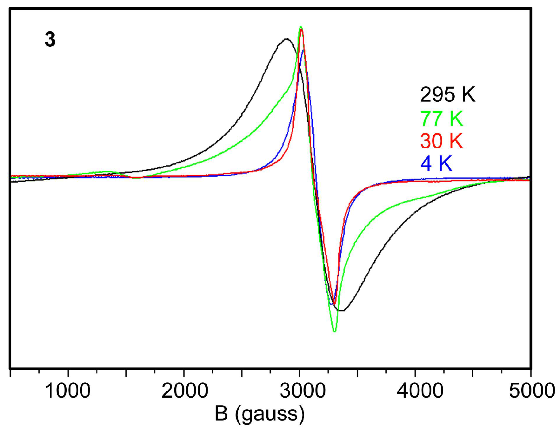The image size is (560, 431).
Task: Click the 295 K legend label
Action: (447, 94)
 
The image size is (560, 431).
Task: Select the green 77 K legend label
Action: (442, 118)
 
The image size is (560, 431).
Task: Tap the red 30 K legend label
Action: (441, 141)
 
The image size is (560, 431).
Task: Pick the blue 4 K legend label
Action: (436, 164)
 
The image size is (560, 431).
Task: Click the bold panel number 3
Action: (50, 40)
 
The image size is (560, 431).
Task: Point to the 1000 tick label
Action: (68, 391)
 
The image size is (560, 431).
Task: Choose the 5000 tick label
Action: (531, 391)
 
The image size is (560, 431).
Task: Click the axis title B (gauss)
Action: (259, 414)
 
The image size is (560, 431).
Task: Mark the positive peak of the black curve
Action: (287, 39)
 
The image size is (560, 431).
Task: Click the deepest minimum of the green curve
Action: (334, 331)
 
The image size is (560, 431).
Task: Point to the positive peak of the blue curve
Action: (303, 50)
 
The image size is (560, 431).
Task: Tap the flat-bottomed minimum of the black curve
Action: (341, 310)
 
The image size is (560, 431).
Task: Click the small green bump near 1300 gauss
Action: (106, 172)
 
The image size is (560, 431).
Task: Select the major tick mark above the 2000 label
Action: (184, 372)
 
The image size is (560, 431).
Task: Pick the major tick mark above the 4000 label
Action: (415, 372)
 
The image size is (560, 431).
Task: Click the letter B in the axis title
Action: (221, 414)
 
